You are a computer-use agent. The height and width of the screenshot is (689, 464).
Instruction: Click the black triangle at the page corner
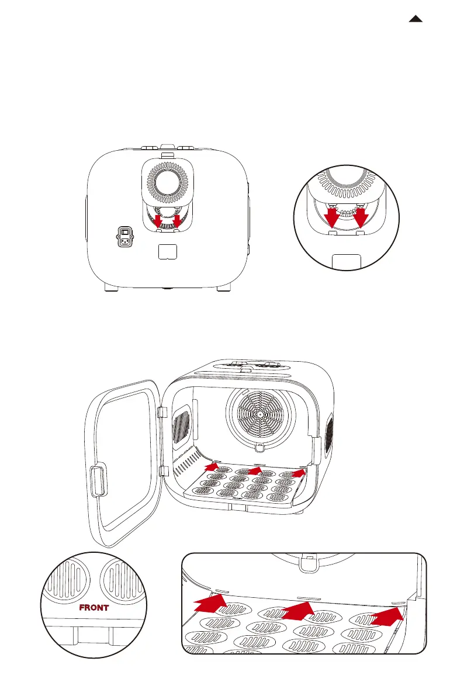(x=415, y=19)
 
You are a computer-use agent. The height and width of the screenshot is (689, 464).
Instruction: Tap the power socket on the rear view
(x=125, y=237)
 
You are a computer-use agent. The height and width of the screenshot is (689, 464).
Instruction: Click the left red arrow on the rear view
(x=158, y=220)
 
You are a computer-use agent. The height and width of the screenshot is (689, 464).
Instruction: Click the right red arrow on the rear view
(x=177, y=220)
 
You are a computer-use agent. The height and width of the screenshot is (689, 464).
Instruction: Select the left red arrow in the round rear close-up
(x=332, y=217)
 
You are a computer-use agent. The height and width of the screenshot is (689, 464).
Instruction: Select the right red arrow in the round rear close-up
(x=361, y=217)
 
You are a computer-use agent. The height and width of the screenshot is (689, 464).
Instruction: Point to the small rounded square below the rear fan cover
(x=168, y=251)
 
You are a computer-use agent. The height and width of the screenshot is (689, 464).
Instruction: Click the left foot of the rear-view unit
(x=112, y=287)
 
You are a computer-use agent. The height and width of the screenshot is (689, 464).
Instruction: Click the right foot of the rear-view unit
(x=224, y=287)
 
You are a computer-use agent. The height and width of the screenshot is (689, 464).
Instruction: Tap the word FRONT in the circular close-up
(x=94, y=608)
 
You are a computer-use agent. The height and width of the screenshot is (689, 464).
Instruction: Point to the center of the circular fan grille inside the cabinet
(x=260, y=414)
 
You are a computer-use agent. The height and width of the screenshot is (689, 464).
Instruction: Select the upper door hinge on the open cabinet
(x=162, y=413)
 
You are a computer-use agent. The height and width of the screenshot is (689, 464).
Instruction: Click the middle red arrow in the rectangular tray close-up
(x=298, y=610)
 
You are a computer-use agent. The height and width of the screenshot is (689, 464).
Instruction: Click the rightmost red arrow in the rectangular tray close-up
(x=387, y=616)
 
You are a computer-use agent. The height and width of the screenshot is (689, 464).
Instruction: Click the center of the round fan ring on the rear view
(x=167, y=181)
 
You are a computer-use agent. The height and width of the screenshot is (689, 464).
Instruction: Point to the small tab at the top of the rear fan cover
(x=167, y=155)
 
